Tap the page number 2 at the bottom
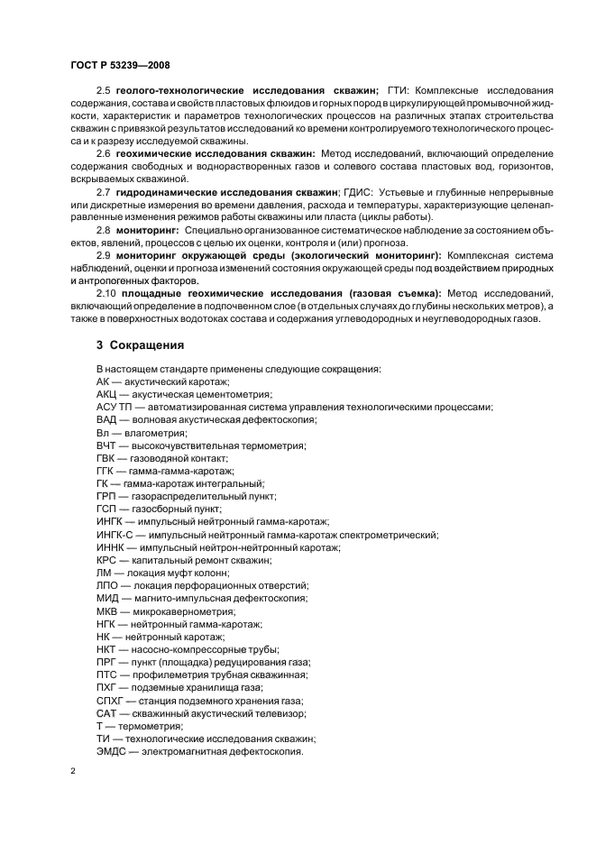[x=73, y=772]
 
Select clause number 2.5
[x=104, y=91]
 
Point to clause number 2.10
[x=106, y=293]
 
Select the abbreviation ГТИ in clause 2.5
[x=398, y=91]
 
